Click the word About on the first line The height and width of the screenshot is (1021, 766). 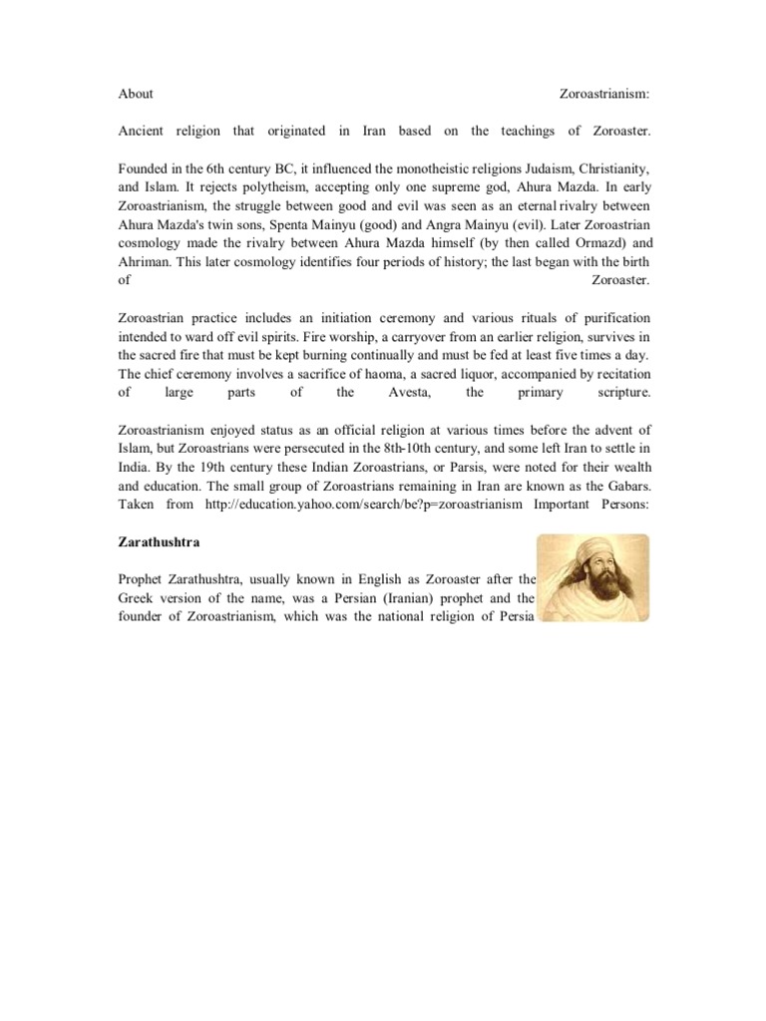pos(136,94)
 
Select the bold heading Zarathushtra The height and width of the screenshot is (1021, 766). pos(161,542)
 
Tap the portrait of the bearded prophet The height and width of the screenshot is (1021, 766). pos(592,577)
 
